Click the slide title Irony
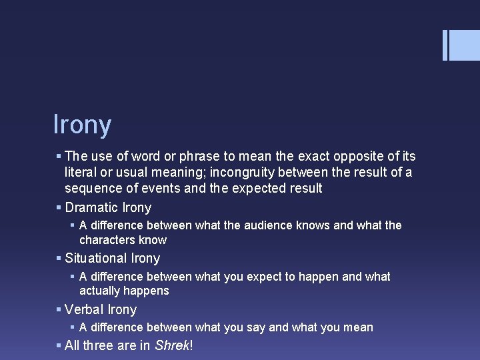82,125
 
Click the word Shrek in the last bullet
172,345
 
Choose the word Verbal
84,309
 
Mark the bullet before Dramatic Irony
59,207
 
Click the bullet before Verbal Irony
59,309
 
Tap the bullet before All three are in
59,345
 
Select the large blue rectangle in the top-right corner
465,45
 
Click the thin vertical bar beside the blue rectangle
445,45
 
